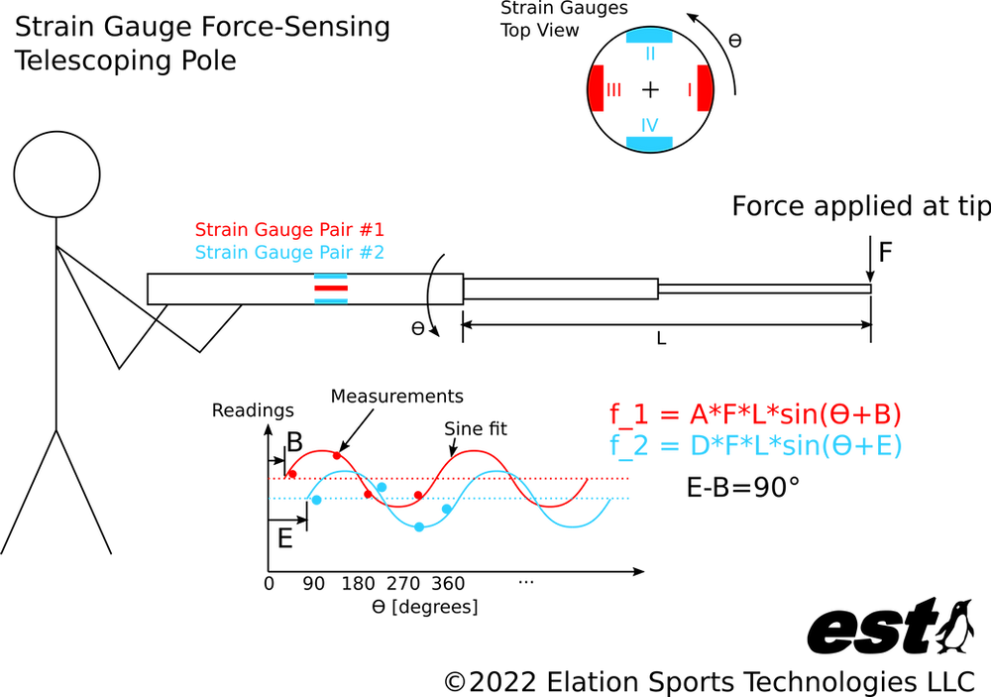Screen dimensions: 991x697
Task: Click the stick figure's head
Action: click(56, 174)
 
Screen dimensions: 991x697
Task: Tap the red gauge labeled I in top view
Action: click(705, 88)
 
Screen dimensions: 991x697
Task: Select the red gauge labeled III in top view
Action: click(596, 88)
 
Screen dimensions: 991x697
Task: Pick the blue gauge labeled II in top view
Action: click(650, 36)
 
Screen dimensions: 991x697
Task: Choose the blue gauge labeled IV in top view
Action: click(650, 144)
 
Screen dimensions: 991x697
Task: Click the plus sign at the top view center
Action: click(650, 90)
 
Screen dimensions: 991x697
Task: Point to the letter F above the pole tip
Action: click(885, 252)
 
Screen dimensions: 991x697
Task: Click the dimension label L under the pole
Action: click(661, 339)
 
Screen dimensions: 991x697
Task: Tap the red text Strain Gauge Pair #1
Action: click(289, 229)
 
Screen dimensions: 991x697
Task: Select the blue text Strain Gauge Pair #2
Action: click(289, 252)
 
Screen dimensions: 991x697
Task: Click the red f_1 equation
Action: click(755, 414)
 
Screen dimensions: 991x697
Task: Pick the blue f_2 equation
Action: click(755, 446)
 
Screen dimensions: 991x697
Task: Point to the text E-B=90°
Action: click(743, 487)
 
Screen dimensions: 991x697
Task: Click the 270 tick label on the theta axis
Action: click(403, 584)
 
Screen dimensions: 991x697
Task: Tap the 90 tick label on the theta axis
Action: click(313, 584)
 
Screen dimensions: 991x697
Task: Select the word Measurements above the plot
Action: click(397, 396)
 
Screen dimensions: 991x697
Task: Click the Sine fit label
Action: click(476, 429)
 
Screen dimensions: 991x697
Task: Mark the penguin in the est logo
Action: click(956, 627)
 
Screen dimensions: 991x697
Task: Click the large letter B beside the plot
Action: click(294, 442)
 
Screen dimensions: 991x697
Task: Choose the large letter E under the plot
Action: click(285, 539)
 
